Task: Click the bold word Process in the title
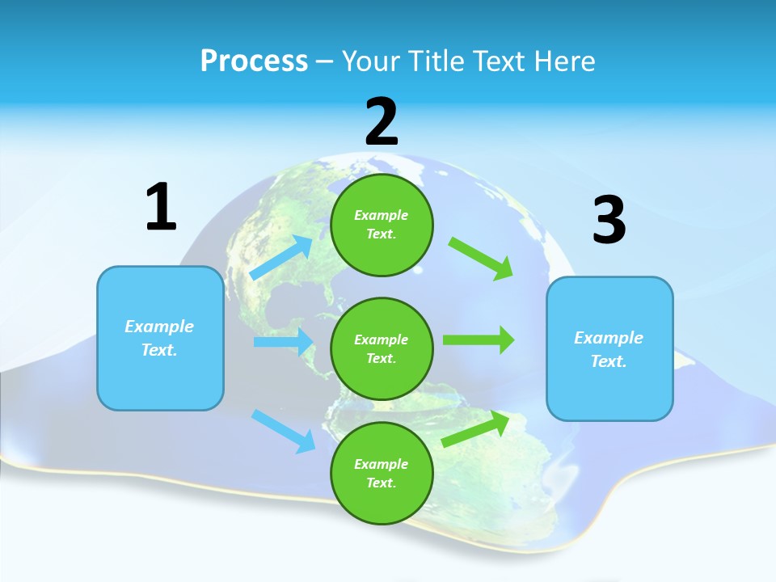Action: (x=254, y=61)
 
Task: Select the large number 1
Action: (x=161, y=208)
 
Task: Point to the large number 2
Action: (x=382, y=122)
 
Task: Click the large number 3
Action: (x=609, y=221)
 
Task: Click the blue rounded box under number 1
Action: (x=160, y=338)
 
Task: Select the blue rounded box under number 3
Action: (x=609, y=348)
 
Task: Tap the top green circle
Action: (x=382, y=225)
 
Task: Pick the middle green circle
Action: (x=382, y=348)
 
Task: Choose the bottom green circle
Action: (x=382, y=473)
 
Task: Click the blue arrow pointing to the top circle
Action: (x=282, y=257)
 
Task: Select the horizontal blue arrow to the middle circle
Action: (x=283, y=342)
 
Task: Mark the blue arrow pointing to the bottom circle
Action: (x=284, y=430)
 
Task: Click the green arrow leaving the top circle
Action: (x=481, y=258)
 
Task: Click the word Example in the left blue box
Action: (x=159, y=327)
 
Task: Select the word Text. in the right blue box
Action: (x=609, y=361)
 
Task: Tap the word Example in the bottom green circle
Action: (x=382, y=464)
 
